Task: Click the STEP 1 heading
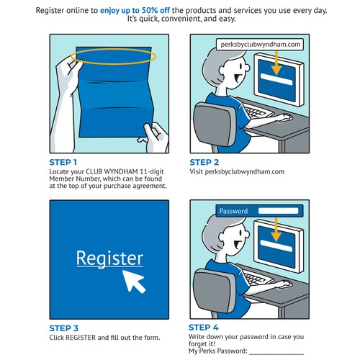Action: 63,163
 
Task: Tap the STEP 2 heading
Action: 204,163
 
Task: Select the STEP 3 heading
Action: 64,328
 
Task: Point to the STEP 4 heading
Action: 204,328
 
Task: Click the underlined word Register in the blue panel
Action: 109,258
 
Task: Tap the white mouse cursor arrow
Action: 134,282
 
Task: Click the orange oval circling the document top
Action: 113,49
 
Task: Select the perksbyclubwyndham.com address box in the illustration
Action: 260,45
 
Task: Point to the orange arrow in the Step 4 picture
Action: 276,229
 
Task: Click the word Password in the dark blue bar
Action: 233,211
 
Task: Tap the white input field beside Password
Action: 278,211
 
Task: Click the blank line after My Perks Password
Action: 276,354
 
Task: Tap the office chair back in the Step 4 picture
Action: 215,293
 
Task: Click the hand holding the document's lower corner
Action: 153,137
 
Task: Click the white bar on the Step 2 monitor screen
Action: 276,79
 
